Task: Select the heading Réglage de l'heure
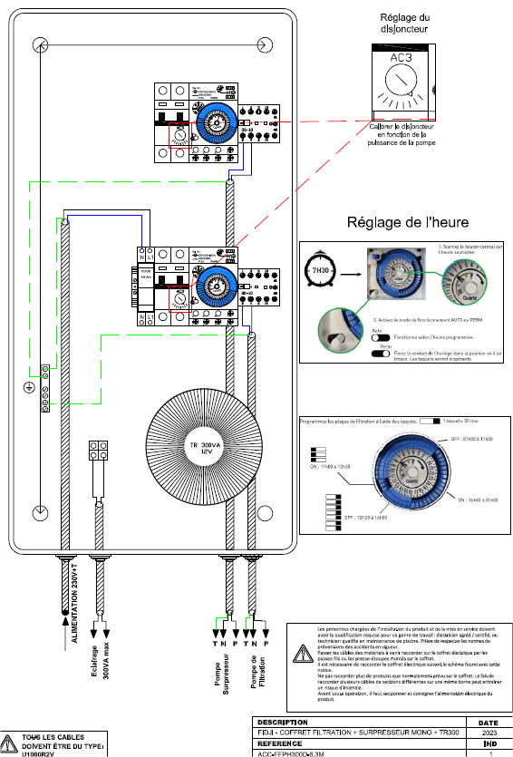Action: coord(405,223)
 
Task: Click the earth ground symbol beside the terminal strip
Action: coord(29,389)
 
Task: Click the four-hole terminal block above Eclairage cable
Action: coord(98,452)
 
